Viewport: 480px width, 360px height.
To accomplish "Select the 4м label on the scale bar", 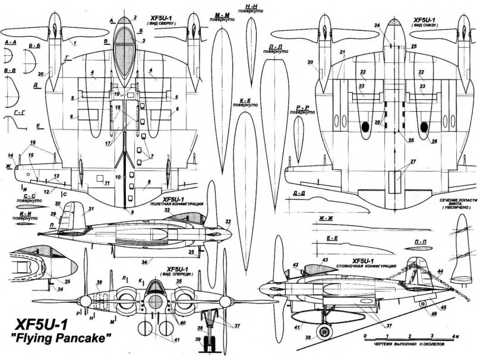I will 453,336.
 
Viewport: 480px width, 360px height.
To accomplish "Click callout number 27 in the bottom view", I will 405,162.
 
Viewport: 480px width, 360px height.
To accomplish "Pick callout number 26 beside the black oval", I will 435,141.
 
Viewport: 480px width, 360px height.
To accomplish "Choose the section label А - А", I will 9,43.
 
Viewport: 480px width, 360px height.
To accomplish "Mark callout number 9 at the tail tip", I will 125,212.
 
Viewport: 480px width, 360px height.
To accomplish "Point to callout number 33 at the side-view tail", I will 228,223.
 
